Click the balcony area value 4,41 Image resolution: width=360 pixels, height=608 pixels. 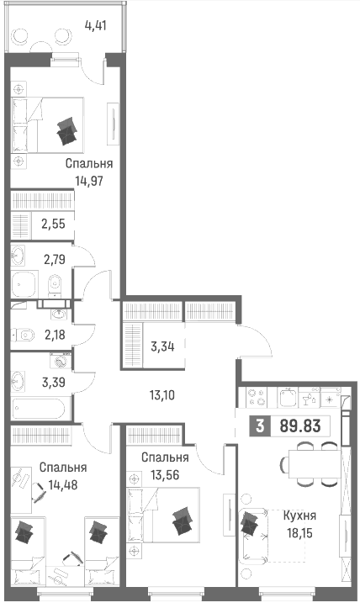(95, 26)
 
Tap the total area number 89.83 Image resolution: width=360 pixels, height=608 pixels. (300, 426)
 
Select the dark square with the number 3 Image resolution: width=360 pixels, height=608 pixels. (260, 426)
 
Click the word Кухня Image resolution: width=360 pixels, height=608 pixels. (299, 515)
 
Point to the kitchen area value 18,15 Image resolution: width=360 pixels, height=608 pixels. (300, 533)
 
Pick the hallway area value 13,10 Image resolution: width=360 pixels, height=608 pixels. (162, 395)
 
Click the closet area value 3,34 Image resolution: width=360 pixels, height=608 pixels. (162, 346)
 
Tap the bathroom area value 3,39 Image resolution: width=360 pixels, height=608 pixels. (54, 383)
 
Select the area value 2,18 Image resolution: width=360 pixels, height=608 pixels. (55, 334)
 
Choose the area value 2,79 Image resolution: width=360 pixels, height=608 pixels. (55, 259)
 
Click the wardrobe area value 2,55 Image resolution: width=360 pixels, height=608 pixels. (54, 225)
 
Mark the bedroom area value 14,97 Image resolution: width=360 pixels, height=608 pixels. (89, 180)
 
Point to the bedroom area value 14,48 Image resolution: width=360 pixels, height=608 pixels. (63, 484)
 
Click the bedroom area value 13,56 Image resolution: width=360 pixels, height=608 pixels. (165, 474)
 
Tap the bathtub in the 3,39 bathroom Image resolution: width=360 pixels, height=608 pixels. (40, 408)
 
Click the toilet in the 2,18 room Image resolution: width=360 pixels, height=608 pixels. (24, 334)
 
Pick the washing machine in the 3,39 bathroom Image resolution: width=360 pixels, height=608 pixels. (60, 362)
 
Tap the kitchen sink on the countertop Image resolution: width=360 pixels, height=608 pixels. (288, 398)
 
